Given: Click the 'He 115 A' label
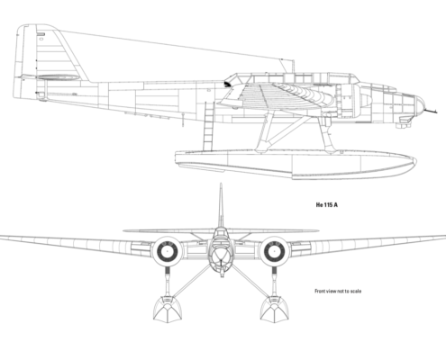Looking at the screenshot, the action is click(x=327, y=205).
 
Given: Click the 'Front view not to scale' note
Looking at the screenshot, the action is click(x=338, y=291).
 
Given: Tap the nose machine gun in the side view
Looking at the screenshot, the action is click(x=430, y=112).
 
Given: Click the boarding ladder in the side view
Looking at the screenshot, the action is click(x=208, y=127).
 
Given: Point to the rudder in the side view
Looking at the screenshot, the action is click(x=24, y=61).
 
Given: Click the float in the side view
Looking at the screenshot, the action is click(x=296, y=165).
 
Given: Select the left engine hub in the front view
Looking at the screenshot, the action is click(x=167, y=251).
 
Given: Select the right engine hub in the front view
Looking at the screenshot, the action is click(x=274, y=251).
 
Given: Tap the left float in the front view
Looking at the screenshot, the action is click(x=168, y=310).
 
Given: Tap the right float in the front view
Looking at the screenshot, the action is click(x=274, y=310).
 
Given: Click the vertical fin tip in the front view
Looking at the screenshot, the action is click(x=221, y=184).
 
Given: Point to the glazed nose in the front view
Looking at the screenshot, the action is click(x=221, y=256).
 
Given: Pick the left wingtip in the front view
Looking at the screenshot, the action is click(x=2, y=237).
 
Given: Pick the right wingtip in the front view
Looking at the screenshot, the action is click(x=444, y=237).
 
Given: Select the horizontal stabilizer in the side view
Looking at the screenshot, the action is click(x=57, y=77).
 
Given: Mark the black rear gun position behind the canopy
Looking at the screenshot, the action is click(x=228, y=84).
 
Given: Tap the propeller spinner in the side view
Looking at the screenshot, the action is click(x=366, y=101).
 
